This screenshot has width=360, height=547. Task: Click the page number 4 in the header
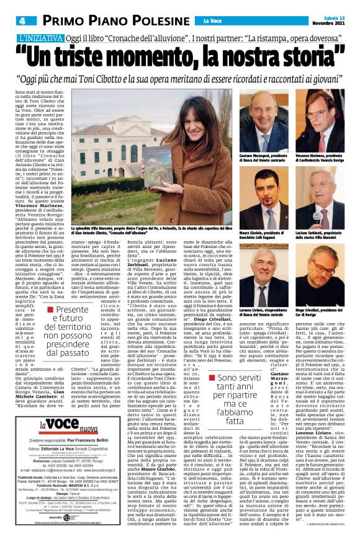click(x=22, y=21)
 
